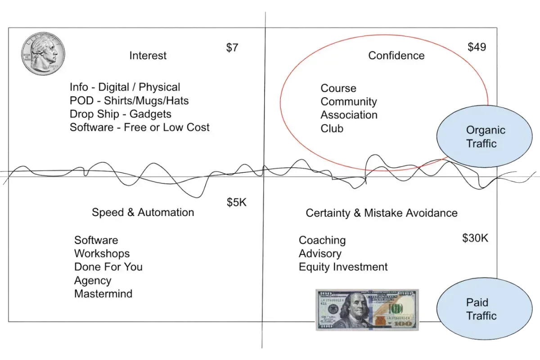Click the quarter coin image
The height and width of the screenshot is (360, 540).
(x=43, y=54)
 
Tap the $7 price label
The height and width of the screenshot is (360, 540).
(x=232, y=48)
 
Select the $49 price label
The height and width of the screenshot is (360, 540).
(x=477, y=47)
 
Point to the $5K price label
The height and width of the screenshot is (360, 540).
(x=237, y=202)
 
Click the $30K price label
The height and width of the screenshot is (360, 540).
(x=475, y=238)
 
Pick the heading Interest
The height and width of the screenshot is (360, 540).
(x=148, y=55)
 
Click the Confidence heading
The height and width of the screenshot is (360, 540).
(x=396, y=55)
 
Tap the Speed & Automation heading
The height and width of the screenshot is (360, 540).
(x=143, y=212)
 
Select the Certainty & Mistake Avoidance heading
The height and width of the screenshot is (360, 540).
(x=382, y=213)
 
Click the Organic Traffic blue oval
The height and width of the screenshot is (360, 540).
(x=484, y=136)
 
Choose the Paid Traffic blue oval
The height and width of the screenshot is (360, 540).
(x=484, y=309)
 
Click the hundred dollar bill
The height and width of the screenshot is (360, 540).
(x=367, y=310)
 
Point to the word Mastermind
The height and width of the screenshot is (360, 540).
(x=103, y=294)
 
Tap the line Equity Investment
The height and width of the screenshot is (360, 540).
(x=343, y=267)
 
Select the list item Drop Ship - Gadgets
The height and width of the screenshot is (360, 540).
(x=120, y=114)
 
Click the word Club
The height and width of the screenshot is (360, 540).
(x=332, y=129)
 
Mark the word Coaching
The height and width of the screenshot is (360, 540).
(x=322, y=240)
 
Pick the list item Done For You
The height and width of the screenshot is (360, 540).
(x=108, y=267)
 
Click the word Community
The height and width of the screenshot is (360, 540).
(x=349, y=102)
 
